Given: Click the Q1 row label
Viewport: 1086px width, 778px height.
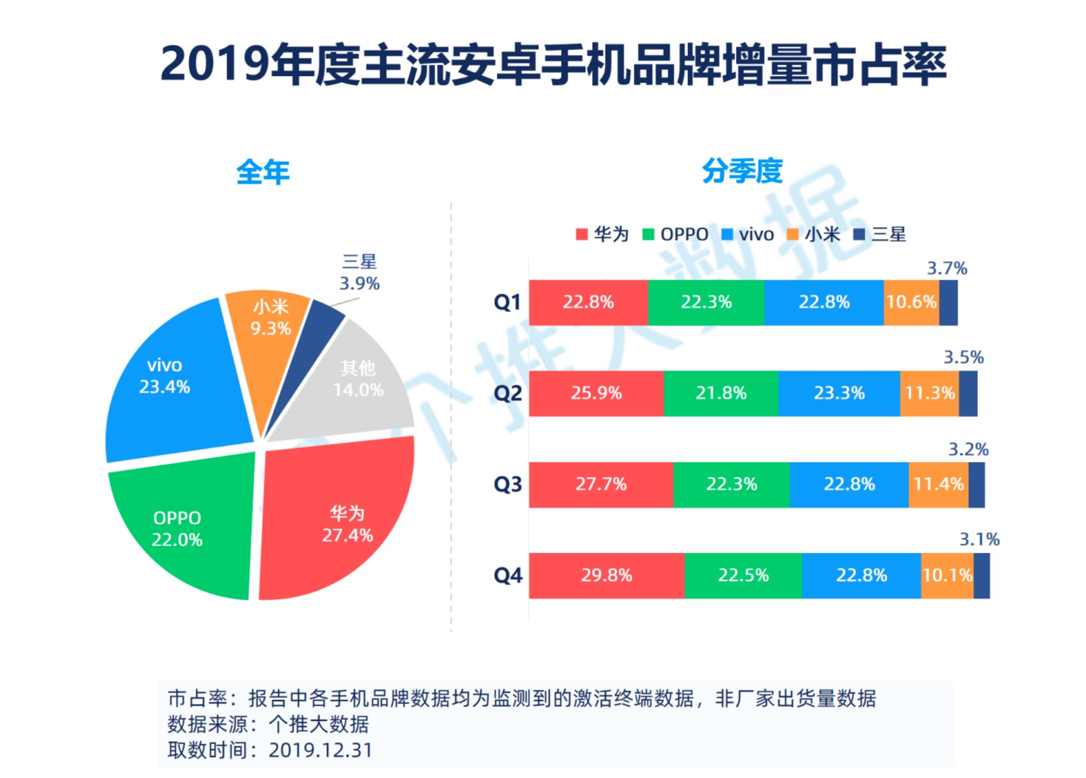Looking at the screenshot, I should pos(507,302).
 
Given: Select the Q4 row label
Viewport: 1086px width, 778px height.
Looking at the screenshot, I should pos(507,576).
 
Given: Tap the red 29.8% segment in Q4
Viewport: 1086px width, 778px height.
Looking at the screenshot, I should pos(607,576).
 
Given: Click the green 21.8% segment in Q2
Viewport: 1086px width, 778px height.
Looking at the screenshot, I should pos(721,394).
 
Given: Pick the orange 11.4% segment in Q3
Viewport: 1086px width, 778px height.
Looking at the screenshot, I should pos(938,484).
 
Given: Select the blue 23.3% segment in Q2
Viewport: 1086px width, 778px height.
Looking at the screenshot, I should pos(839,394).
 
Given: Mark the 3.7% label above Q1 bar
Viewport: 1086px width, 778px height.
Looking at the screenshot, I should pos(947,268).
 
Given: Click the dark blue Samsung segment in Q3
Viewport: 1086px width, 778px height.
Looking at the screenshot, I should pos(976,484).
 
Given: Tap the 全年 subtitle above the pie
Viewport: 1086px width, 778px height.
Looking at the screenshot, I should pos(263,172).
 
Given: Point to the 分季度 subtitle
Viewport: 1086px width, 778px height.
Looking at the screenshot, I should pos(742,171).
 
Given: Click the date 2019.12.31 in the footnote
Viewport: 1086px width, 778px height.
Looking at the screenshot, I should pos(321,750).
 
